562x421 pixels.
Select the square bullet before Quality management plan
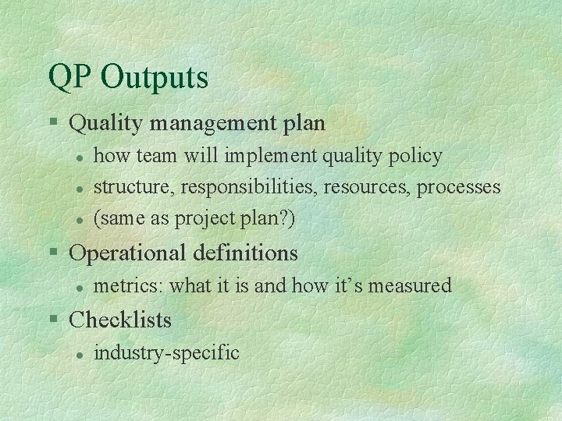52,123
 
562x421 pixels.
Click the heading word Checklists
120,320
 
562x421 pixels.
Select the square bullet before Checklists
52,320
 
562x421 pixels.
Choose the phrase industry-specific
166,352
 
